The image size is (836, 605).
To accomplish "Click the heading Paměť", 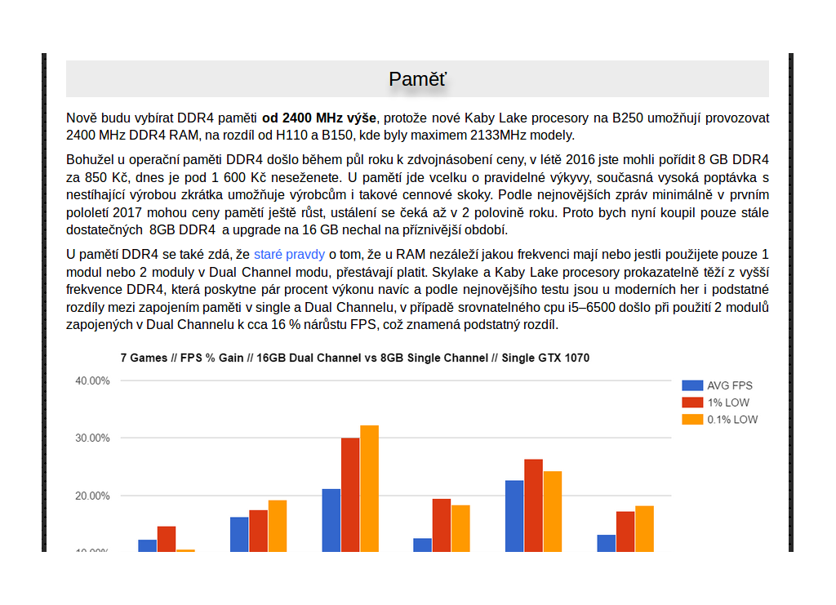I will pyautogui.click(x=417, y=79).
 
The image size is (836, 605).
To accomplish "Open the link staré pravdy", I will pyautogui.click(x=289, y=254).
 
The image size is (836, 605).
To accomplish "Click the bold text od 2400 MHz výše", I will pyautogui.click(x=319, y=118).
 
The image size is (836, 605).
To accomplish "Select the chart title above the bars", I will pyautogui.click(x=354, y=358).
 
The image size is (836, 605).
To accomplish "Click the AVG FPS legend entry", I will pyautogui.click(x=729, y=385).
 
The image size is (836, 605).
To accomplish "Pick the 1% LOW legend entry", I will pyautogui.click(x=727, y=403).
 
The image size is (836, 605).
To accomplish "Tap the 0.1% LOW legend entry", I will pyautogui.click(x=731, y=420).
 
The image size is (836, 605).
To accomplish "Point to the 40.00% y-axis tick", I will pyautogui.click(x=92, y=380).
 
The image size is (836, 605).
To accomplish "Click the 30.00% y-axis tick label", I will pyautogui.click(x=92, y=438).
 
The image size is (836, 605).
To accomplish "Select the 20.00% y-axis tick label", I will pyautogui.click(x=92, y=496).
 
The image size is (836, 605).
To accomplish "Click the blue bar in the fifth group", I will pyautogui.click(x=514, y=515).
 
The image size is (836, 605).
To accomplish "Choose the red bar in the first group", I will pyautogui.click(x=167, y=539).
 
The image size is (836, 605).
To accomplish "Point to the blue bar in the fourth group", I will pyautogui.click(x=422, y=545).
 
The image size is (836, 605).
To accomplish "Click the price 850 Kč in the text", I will pyautogui.click(x=97, y=176).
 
